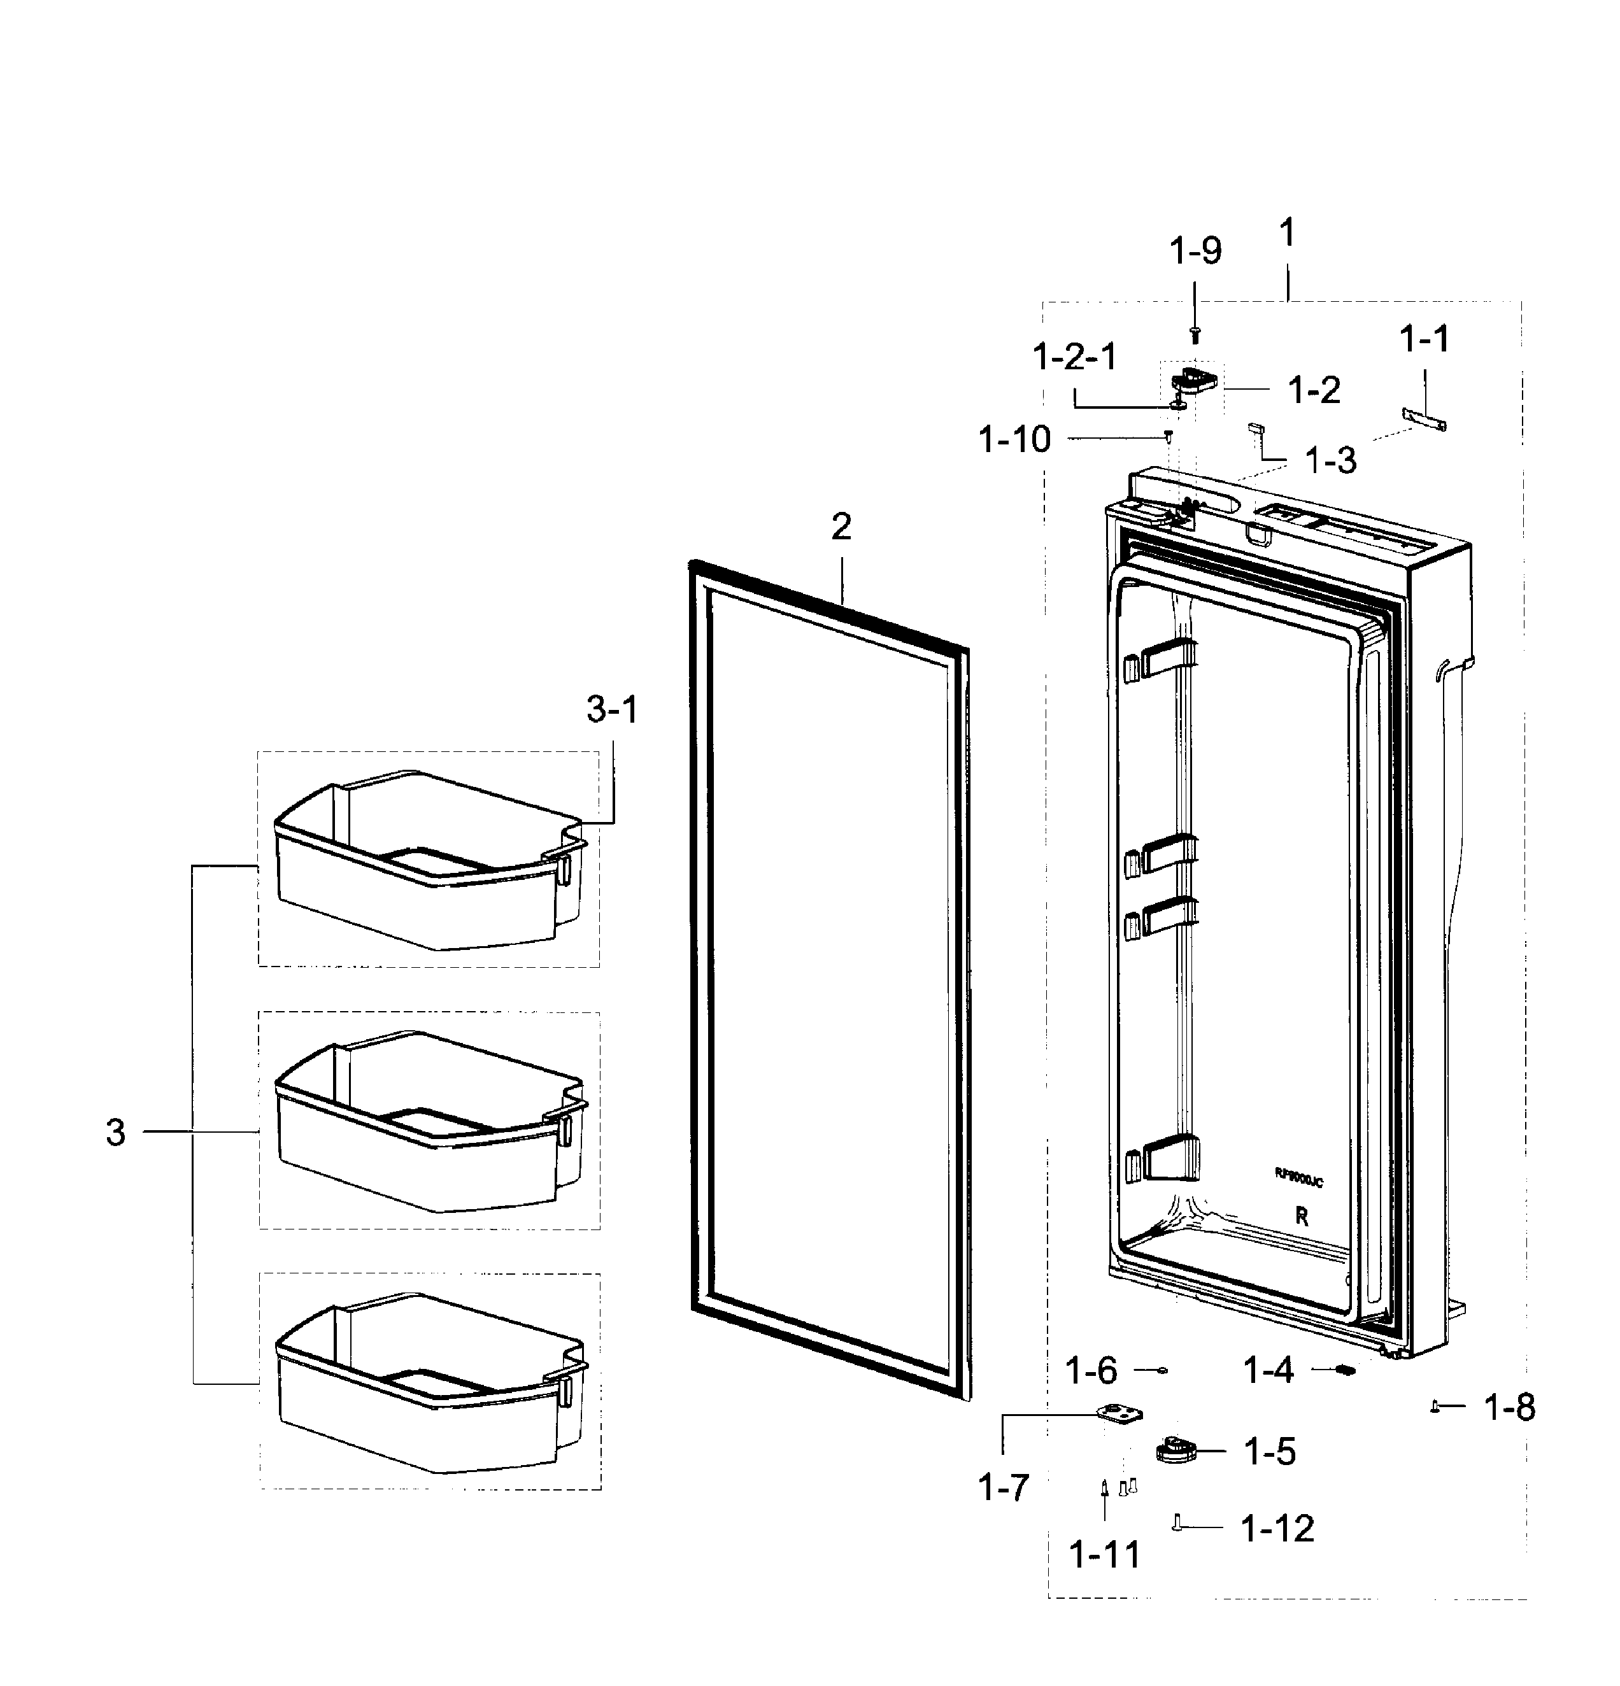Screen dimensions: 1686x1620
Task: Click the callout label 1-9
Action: pos(1195,251)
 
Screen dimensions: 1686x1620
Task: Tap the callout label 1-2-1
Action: pos(1074,356)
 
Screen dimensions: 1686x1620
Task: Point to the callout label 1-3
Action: pos(1330,461)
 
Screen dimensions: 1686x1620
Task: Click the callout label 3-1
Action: pos(612,710)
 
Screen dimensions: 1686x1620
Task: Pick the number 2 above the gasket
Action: pos(841,527)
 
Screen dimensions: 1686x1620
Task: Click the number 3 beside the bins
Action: pos(115,1133)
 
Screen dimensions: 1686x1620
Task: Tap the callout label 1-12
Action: pos(1277,1529)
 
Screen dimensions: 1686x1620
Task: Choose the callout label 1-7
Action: pos(1003,1487)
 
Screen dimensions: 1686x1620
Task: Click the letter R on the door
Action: pos(1302,1217)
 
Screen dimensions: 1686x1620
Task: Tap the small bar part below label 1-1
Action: pos(1425,419)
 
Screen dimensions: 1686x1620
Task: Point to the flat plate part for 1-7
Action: pos(1119,1415)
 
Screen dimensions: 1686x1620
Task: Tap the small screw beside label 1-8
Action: pos(1435,1406)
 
